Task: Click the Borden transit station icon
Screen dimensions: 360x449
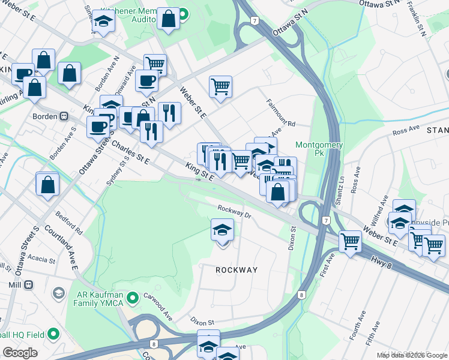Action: [x=63, y=116]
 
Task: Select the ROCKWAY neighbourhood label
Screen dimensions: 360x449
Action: [x=237, y=270]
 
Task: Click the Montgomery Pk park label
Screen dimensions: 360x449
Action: [x=319, y=149]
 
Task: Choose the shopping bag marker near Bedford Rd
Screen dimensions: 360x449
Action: [x=47, y=186]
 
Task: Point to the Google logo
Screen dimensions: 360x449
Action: [x=20, y=352]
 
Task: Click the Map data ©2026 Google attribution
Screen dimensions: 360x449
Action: [x=412, y=355]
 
